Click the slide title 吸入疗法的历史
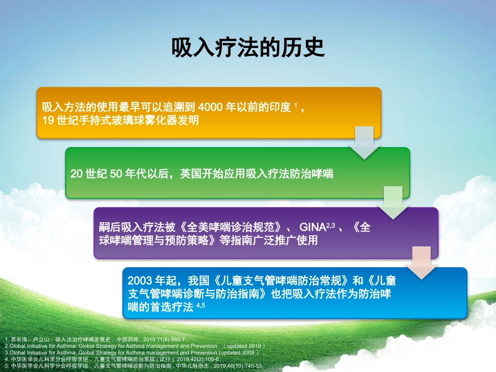[x=248, y=47]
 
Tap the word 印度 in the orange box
[x=280, y=107]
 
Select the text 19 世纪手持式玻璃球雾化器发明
[x=120, y=121]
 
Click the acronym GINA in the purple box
[x=312, y=228]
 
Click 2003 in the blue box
[x=139, y=280]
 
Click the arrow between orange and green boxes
[x=364, y=142]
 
